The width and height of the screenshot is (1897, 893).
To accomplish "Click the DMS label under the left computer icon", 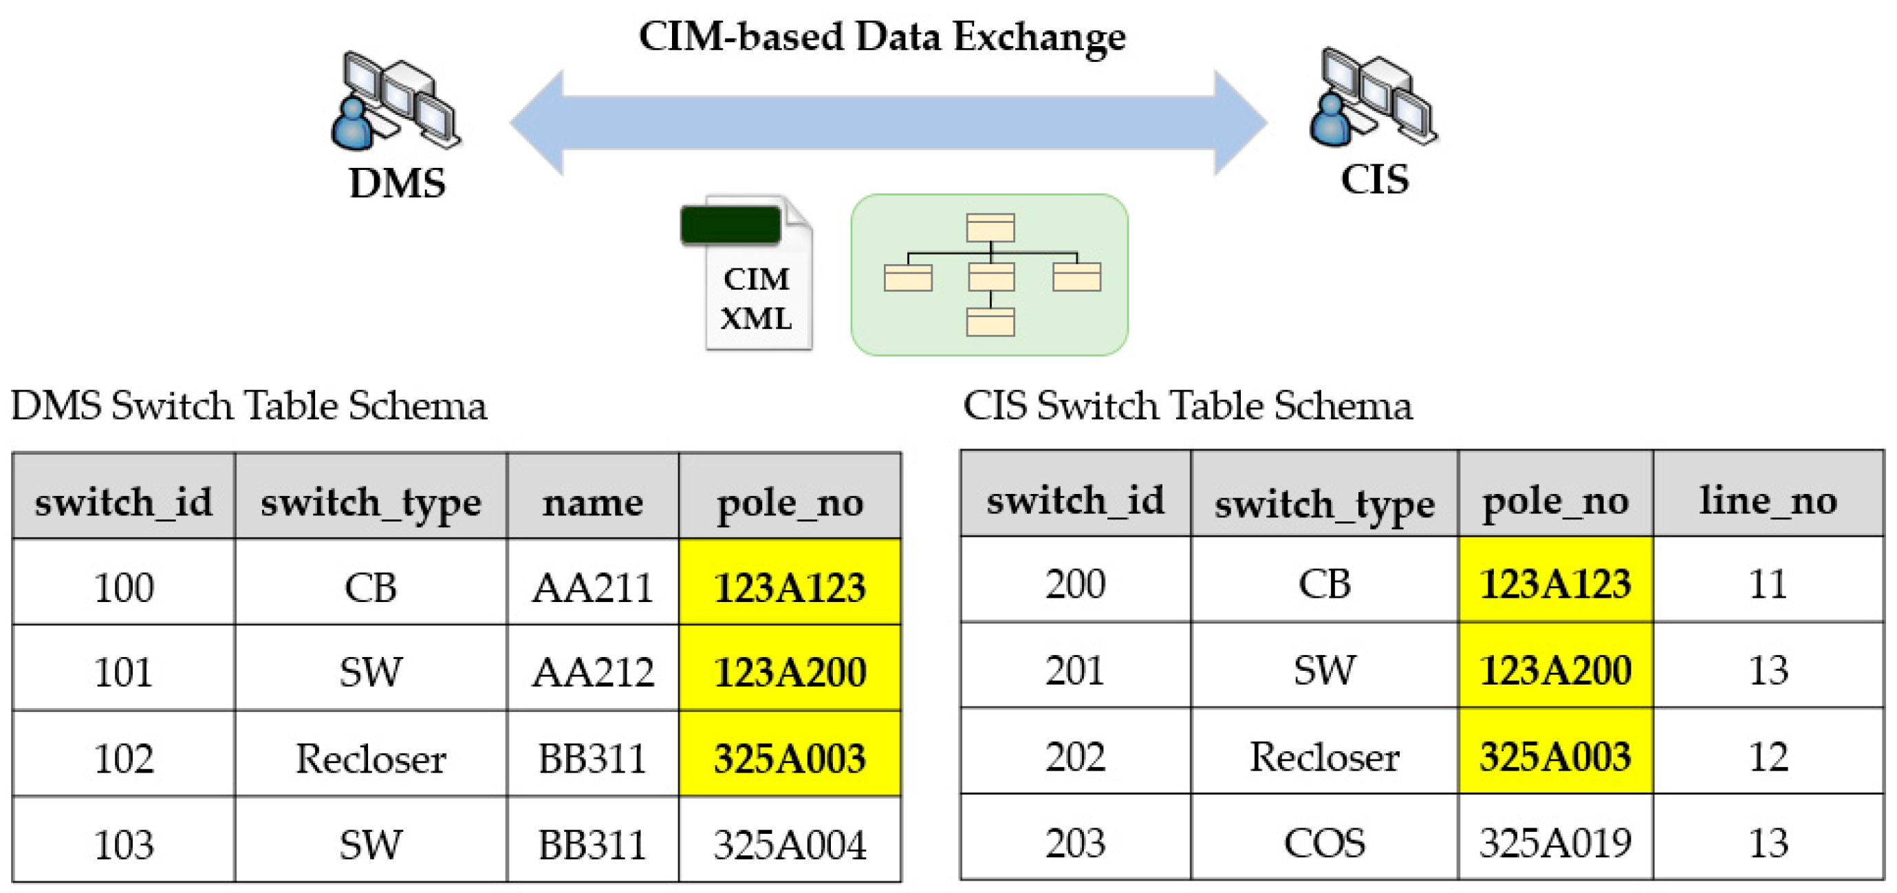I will pyautogui.click(x=397, y=183).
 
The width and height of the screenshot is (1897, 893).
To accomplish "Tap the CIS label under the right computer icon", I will pyautogui.click(x=1374, y=179).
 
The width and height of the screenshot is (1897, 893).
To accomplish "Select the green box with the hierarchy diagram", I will pyautogui.click(x=989, y=275).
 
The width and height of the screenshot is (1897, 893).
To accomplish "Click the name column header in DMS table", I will pyautogui.click(x=592, y=502).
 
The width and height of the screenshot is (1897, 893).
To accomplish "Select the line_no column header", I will pyautogui.click(x=1768, y=500).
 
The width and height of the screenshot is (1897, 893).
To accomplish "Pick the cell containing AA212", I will pyautogui.click(x=592, y=671).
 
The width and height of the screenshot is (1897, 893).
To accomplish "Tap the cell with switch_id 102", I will pyautogui.click(x=124, y=757).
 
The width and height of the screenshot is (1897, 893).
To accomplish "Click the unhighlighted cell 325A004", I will pyautogui.click(x=790, y=843).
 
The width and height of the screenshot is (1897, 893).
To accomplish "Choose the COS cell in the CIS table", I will pyautogui.click(x=1323, y=841).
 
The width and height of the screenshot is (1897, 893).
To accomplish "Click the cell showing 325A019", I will pyautogui.click(x=1554, y=841).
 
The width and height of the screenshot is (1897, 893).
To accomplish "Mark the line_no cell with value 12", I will pyautogui.click(x=1768, y=756).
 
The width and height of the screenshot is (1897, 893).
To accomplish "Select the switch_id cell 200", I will pyautogui.click(x=1074, y=583).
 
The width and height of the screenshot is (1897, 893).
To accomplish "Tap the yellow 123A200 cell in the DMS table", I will pyautogui.click(x=790, y=671).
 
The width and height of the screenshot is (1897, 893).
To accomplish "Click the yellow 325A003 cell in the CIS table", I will pyautogui.click(x=1554, y=756).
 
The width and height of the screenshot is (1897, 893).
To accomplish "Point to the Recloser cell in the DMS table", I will pyautogui.click(x=371, y=757).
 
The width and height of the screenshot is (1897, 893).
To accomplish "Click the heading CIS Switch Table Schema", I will pyautogui.click(x=1187, y=405).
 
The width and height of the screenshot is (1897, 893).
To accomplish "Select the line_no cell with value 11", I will pyautogui.click(x=1768, y=583).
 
